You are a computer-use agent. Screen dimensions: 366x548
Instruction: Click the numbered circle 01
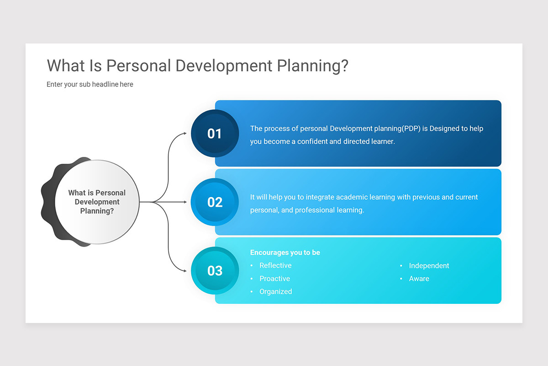215,133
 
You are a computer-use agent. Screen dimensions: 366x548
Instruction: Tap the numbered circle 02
215,202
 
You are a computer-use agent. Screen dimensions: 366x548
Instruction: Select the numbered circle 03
215,270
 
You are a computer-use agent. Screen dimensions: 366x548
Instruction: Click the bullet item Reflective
275,265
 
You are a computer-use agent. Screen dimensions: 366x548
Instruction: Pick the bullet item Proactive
274,279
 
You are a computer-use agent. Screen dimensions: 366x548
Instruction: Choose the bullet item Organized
275,291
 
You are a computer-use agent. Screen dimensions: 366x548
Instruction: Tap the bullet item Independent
429,266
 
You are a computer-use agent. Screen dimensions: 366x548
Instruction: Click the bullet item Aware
419,279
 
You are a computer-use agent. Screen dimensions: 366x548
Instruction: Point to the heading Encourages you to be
285,253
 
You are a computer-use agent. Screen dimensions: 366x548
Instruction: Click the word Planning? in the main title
313,65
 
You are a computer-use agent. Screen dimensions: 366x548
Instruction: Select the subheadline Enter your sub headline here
90,84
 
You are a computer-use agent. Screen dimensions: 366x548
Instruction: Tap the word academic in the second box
351,197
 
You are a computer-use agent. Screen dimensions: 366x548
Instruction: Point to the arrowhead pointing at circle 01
184,133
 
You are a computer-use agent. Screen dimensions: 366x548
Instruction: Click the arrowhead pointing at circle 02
184,202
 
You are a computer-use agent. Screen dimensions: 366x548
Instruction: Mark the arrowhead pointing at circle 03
184,270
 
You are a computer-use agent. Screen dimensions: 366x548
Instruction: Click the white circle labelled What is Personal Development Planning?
97,202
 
